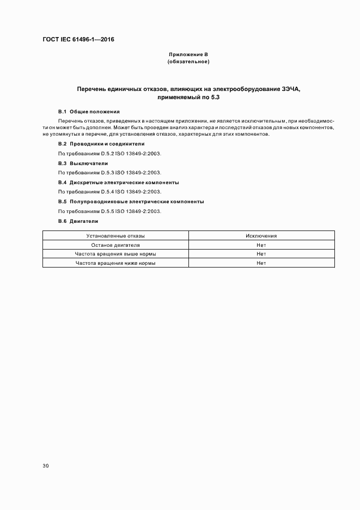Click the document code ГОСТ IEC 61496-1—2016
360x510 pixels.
coord(78,40)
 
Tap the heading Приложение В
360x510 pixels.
coord(188,54)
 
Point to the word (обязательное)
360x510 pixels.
coord(188,62)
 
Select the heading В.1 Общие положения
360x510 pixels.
coord(84,111)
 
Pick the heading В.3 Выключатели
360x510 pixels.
coord(83,163)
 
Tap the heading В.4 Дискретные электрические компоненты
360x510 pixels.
coord(118,182)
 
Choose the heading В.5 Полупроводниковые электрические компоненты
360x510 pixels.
coord(131,201)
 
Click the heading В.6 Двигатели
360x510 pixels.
coord(78,221)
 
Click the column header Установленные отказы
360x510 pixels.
coord(115,236)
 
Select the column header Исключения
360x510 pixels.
coord(261,236)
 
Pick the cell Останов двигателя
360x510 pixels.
coord(115,245)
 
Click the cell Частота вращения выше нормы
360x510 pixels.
coord(115,254)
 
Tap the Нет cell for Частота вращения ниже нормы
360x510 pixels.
coord(261,263)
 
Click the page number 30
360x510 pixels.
coord(45,466)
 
